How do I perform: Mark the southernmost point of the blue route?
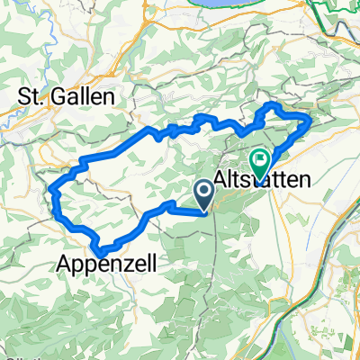point(103,250)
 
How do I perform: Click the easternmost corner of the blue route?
point(310,118)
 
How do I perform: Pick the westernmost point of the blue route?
point(52,191)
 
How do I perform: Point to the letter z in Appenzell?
point(136,263)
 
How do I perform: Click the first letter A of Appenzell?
point(66,263)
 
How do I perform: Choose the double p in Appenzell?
point(88,265)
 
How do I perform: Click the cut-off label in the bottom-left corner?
point(11,356)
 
